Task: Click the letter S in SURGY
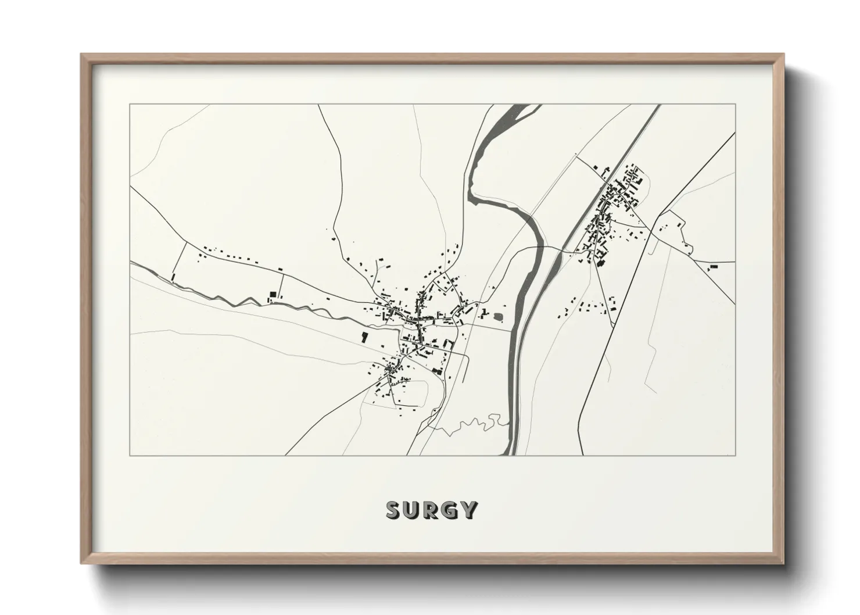pos(395,510)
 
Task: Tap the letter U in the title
pos(414,510)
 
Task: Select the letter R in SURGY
pos(432,510)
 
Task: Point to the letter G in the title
pos(451,510)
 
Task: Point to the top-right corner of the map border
pos(735,104)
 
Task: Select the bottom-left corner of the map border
pos(130,455)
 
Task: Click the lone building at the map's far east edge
pos(714,266)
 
